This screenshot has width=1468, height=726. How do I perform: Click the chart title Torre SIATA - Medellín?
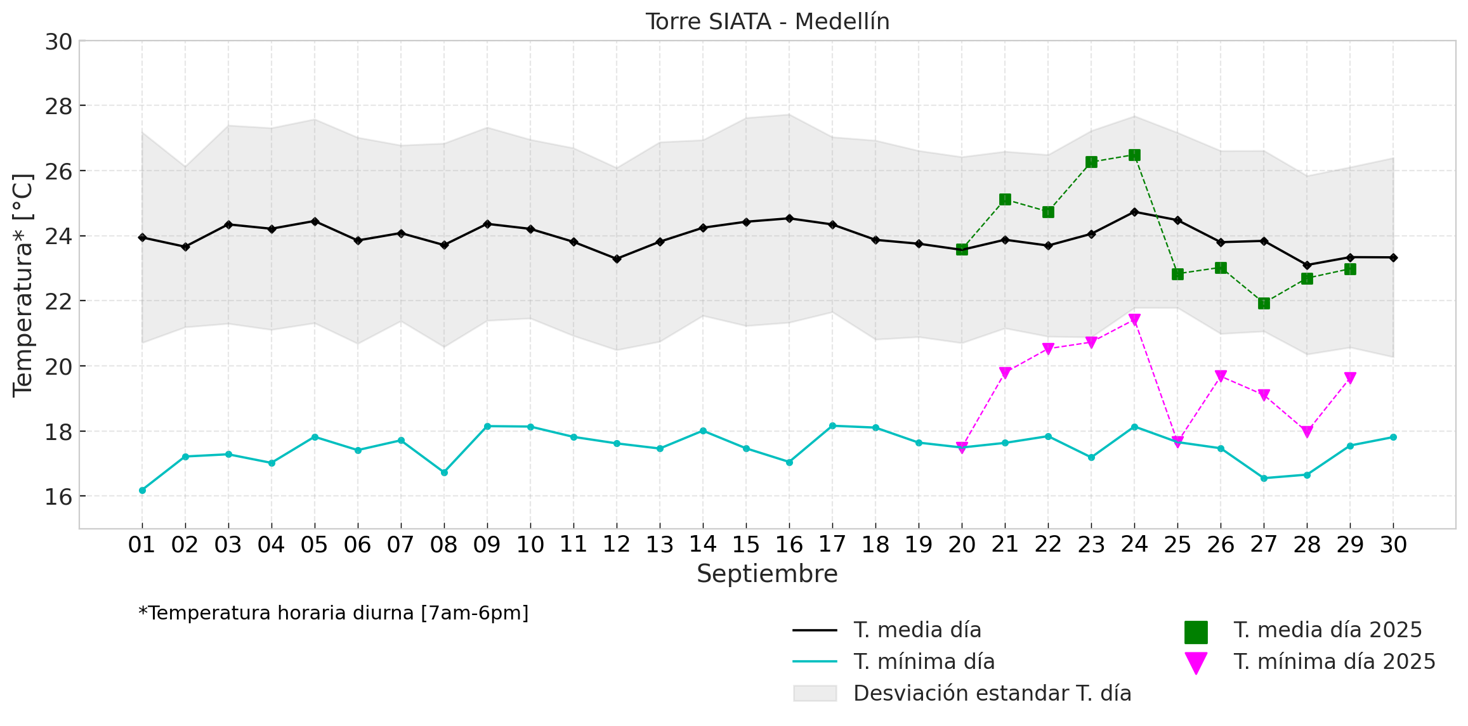767,22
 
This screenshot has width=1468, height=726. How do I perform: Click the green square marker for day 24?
1134,155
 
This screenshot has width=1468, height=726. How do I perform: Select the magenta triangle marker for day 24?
1134,320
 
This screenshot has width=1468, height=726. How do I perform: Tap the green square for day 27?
1264,304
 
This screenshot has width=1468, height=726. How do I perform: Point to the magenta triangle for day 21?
1005,373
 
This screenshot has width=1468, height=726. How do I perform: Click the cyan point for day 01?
142,490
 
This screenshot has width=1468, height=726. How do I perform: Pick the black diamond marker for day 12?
617,259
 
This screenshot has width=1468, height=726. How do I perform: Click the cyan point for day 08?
444,472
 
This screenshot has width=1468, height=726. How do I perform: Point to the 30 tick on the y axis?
58,42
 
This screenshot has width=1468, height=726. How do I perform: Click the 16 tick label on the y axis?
58,497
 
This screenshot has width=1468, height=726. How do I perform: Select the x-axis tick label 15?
746,545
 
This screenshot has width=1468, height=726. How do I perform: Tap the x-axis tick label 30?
1393,545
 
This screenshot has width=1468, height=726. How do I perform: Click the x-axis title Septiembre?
767,574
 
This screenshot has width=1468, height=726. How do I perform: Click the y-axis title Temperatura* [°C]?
23,285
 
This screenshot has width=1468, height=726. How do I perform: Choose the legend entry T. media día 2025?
1327,630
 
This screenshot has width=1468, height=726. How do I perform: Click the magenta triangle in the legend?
1196,663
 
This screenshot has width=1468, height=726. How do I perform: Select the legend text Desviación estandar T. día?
992,694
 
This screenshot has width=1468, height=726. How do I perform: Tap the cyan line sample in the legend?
815,662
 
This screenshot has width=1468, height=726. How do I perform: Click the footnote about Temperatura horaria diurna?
334,613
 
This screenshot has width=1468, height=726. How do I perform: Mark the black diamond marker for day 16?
789,219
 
